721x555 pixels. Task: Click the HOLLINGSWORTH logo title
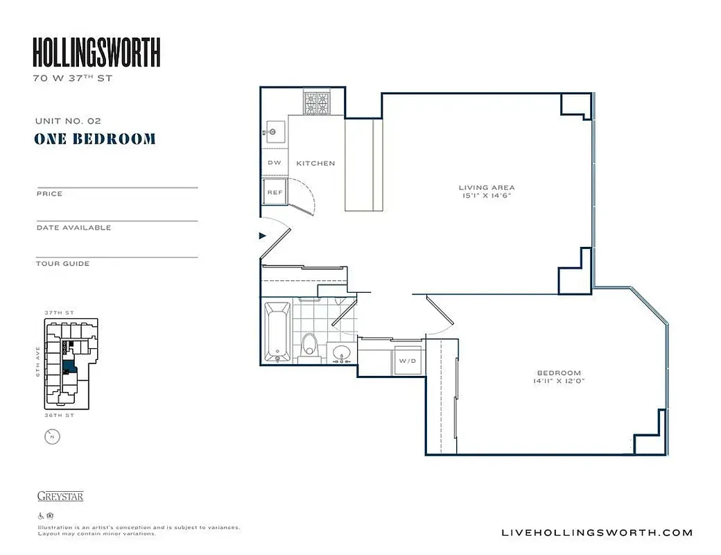tap(96, 53)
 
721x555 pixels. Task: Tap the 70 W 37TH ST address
tap(72, 78)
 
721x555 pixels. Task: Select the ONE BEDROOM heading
tap(95, 139)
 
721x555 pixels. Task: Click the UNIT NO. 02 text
tap(68, 121)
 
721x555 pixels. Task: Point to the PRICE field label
tap(49, 194)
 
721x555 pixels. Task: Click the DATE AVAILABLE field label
tap(73, 228)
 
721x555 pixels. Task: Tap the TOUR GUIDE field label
tap(62, 264)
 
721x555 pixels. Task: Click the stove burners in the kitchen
tap(317, 103)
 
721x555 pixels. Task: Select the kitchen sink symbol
tap(273, 130)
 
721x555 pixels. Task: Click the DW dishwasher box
tap(274, 163)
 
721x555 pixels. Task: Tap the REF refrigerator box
tap(275, 192)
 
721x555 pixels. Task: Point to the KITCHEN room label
tap(315, 164)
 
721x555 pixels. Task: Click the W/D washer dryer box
tap(406, 361)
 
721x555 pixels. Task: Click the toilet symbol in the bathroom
tap(310, 343)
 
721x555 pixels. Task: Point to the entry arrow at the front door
tap(263, 236)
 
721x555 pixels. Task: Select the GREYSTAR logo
tap(60, 496)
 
